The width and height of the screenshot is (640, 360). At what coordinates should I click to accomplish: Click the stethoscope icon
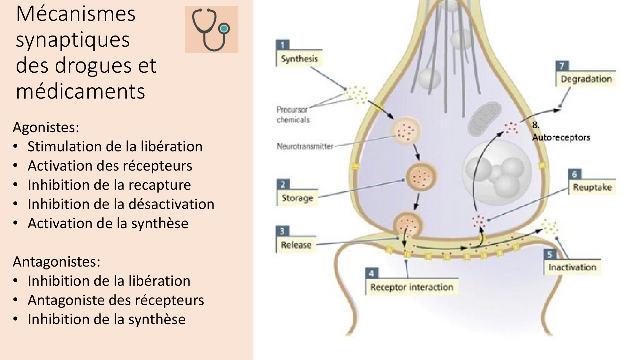pyautogui.click(x=211, y=29)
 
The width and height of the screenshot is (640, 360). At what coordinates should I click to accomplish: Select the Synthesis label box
pyautogui.click(x=300, y=59)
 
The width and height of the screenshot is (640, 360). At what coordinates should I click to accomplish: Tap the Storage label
pyautogui.click(x=297, y=198)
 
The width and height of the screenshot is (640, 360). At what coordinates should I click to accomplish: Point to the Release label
pyautogui.click(x=296, y=245)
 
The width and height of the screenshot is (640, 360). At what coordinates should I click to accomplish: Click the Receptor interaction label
pyautogui.click(x=412, y=287)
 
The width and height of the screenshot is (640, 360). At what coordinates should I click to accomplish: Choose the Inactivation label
pyautogui.click(x=572, y=267)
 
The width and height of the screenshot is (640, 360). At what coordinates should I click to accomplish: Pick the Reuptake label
pyautogui.click(x=592, y=187)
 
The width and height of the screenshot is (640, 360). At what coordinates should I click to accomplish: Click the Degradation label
pyautogui.click(x=586, y=79)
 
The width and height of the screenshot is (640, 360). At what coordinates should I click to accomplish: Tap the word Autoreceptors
pyautogui.click(x=561, y=138)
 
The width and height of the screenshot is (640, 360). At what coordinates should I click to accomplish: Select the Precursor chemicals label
pyautogui.click(x=293, y=115)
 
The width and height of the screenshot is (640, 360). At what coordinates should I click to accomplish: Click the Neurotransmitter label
pyautogui.click(x=305, y=147)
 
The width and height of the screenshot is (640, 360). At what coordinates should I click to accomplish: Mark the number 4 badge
pyautogui.click(x=372, y=273)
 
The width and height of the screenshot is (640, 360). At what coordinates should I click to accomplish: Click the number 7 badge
pyautogui.click(x=562, y=66)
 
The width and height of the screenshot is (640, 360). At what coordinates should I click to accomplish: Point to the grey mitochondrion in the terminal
pyautogui.click(x=484, y=118)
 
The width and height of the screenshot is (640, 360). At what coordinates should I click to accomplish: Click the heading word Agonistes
pyautogui.click(x=46, y=127)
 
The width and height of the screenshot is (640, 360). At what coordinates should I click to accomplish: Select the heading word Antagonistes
pyautogui.click(x=56, y=262)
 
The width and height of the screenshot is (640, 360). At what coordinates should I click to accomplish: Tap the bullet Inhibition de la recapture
pyautogui.click(x=109, y=185)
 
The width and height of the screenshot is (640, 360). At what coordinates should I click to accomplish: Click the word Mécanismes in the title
pyautogui.click(x=76, y=14)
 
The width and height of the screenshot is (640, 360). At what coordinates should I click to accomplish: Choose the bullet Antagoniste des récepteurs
pyautogui.click(x=116, y=300)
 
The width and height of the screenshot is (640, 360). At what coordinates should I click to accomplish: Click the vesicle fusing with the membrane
pyautogui.click(x=407, y=225)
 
